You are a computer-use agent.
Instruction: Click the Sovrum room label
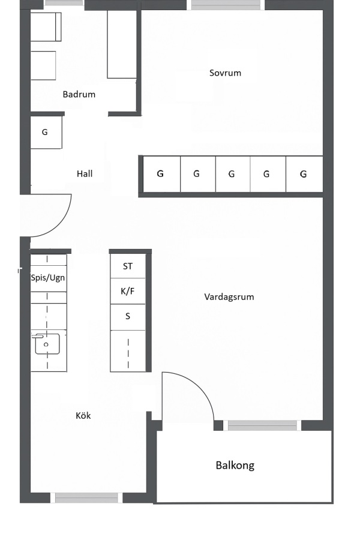(225, 73)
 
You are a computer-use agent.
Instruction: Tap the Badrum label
(79, 94)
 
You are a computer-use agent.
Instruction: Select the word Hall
(85, 173)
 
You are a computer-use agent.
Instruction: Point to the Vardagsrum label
(229, 297)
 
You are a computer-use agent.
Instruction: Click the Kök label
(83, 416)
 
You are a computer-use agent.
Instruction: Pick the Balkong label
(235, 466)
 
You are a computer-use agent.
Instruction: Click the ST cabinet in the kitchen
(128, 266)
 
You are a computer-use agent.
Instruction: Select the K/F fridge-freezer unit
(128, 291)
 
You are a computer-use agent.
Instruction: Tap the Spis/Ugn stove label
(48, 278)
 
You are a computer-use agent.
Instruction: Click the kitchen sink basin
(47, 344)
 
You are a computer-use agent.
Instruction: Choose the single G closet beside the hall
(46, 133)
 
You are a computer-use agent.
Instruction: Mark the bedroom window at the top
(226, 4)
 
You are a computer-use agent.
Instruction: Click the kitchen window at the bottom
(86, 497)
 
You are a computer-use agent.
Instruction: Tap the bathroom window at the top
(64, 3)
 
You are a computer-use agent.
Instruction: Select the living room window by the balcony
(262, 425)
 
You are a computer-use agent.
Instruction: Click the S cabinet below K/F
(128, 317)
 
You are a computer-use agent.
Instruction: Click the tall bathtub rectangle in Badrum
(122, 44)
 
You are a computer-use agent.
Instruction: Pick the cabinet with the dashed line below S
(128, 351)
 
